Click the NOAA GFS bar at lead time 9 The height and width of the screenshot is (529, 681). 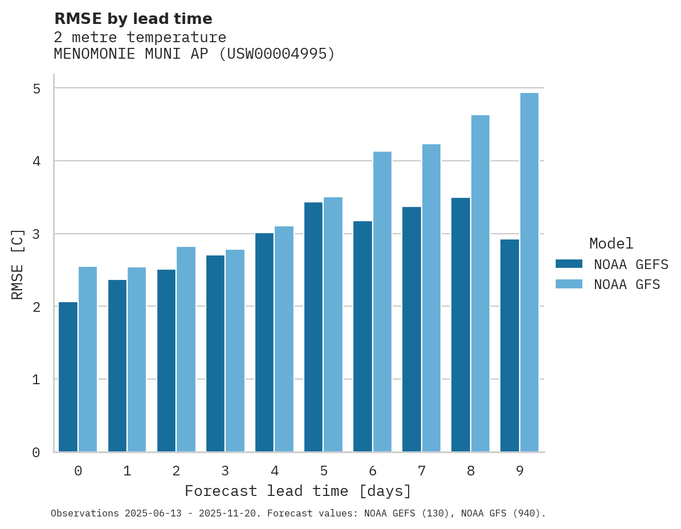tap(529, 272)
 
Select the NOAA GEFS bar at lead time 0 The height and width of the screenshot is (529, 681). tap(68, 377)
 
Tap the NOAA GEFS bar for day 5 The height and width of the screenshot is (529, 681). tap(313, 327)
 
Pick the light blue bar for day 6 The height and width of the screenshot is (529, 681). tap(382, 302)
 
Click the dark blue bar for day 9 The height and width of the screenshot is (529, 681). tap(509, 345)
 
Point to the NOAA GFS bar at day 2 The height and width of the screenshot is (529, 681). tap(186, 349)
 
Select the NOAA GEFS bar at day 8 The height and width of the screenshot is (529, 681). tap(460, 325)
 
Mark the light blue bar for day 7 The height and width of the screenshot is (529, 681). tap(431, 298)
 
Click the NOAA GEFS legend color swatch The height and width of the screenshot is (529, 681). tap(569, 263)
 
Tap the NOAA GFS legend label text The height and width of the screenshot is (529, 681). tap(627, 284)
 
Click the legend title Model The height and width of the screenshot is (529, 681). tap(611, 243)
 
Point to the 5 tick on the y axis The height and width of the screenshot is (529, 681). tap(36, 88)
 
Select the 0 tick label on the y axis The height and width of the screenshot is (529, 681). tap(36, 453)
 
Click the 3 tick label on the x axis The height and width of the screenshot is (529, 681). tap(225, 471)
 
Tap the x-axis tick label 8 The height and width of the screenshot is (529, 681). tap(471, 471)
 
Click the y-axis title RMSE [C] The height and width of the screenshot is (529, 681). tap(18, 264)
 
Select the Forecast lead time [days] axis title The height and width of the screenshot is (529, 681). tap(297, 491)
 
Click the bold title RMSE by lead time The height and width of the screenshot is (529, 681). tap(133, 19)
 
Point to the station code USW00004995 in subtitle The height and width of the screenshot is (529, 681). tap(277, 54)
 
